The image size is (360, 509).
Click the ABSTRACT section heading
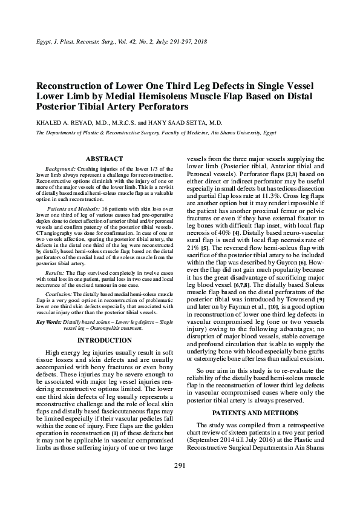tap(104, 158)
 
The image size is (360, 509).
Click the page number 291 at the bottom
tap(179, 482)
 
